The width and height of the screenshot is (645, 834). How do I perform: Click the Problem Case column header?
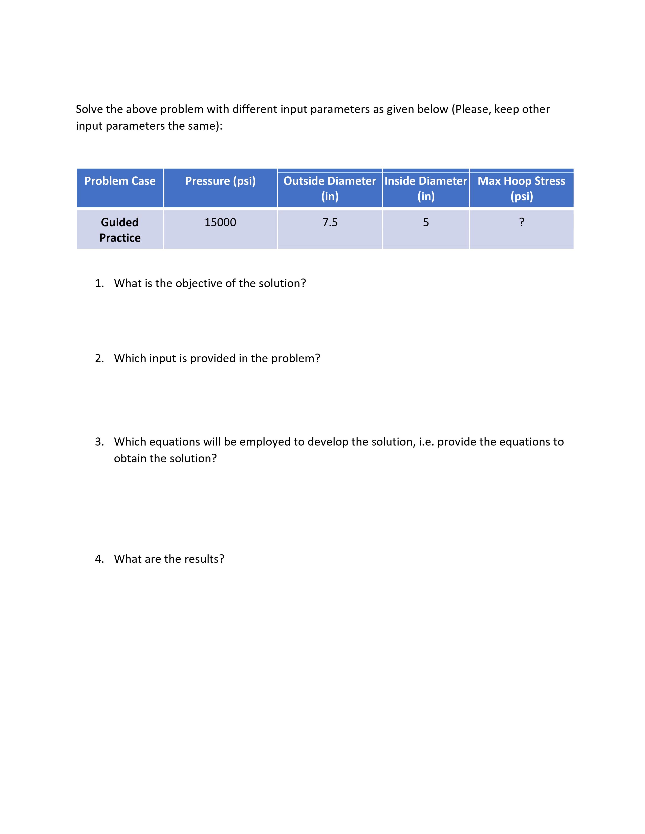pos(120,181)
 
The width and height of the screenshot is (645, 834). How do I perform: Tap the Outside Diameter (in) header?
pos(330,188)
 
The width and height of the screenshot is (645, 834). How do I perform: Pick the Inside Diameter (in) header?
pos(426,188)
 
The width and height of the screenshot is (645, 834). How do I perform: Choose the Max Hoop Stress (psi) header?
pos(521,188)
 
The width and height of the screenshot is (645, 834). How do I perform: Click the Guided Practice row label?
pos(120,230)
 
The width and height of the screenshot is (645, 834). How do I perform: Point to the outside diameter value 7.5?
pos(330,222)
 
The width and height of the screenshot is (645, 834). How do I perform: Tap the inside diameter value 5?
pos(426,222)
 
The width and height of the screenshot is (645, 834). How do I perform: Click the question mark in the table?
pos(522,222)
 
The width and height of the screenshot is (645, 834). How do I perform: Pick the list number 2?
pos(99,359)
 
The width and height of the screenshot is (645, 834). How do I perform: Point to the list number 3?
pos(99,442)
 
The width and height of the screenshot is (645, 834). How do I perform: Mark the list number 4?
pos(99,559)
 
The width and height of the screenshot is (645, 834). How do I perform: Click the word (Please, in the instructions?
pos(471,109)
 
